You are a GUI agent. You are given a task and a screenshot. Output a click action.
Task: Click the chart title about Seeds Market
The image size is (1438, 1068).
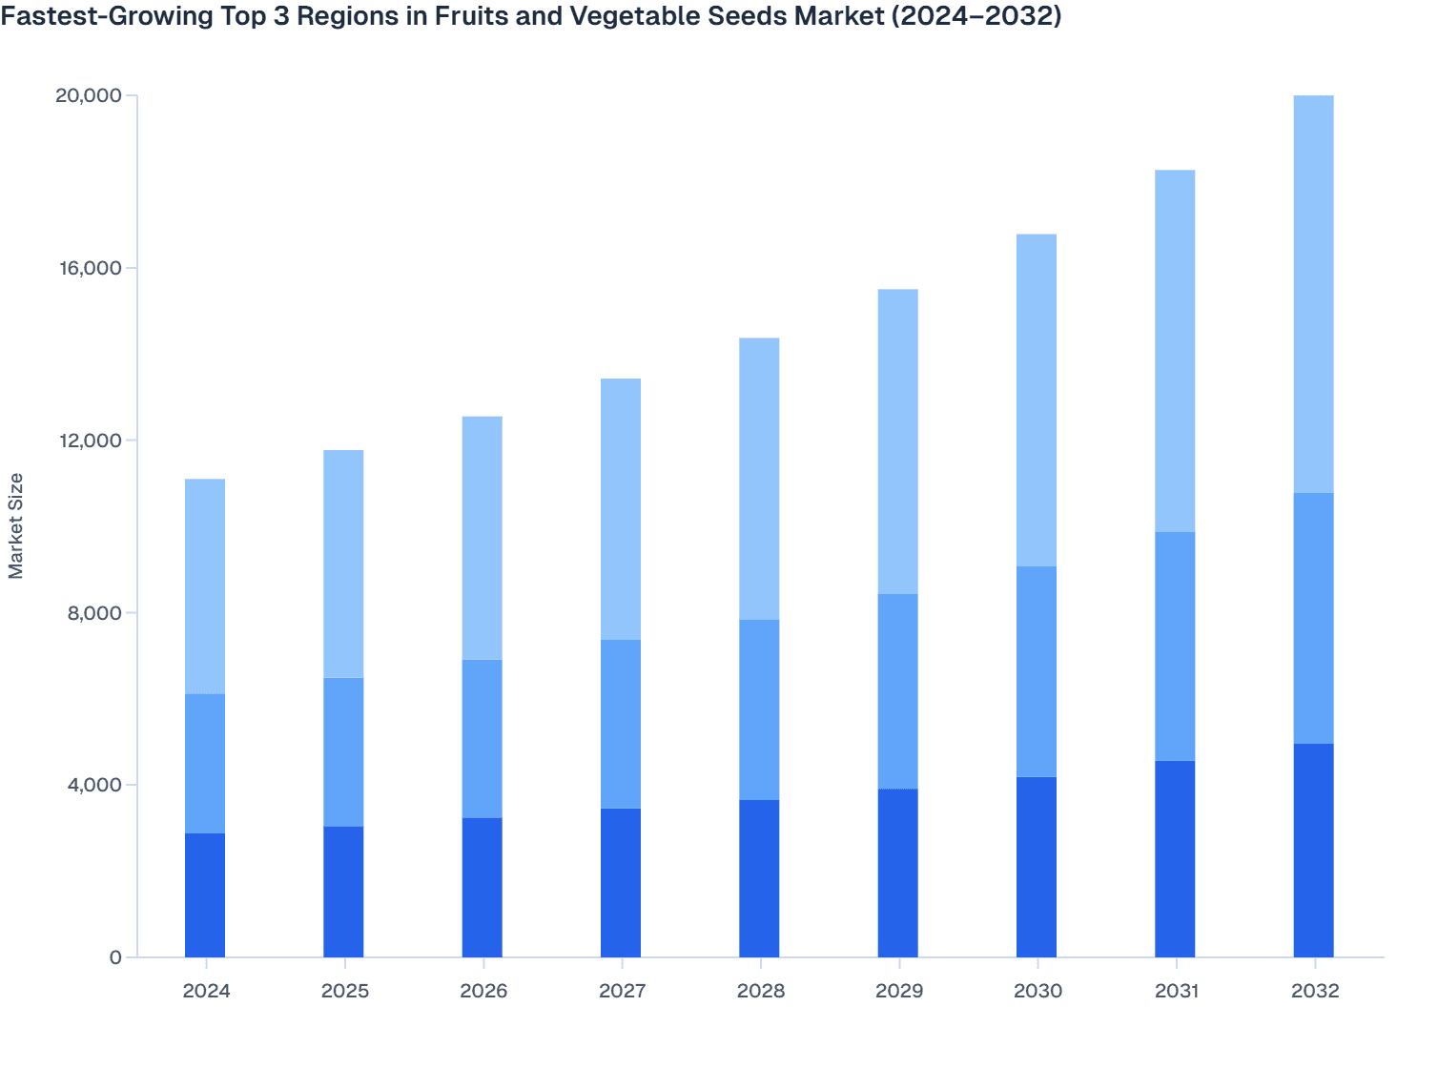(x=530, y=16)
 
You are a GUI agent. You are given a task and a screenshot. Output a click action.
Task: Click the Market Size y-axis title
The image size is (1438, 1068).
(x=16, y=525)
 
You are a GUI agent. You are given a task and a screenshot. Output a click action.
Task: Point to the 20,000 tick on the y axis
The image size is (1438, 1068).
(x=89, y=95)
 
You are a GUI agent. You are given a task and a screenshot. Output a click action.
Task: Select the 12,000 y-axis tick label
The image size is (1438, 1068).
(x=89, y=441)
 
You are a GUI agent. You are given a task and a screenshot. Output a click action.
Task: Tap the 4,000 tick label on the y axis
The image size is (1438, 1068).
(x=92, y=785)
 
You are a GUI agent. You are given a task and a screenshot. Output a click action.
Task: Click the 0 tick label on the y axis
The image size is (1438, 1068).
(x=115, y=957)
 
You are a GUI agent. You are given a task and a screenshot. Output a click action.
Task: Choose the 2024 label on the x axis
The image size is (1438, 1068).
(x=206, y=991)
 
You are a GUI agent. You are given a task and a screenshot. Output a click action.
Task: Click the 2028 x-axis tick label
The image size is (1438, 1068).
(x=760, y=991)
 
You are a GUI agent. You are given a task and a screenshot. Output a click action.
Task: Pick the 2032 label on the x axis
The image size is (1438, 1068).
(x=1314, y=991)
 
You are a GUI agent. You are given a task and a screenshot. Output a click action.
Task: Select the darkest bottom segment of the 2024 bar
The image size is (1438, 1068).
(x=205, y=895)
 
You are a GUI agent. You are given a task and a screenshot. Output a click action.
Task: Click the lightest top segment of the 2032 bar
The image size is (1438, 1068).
(x=1313, y=294)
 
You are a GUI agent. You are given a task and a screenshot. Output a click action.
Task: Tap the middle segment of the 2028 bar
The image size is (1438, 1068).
(x=759, y=709)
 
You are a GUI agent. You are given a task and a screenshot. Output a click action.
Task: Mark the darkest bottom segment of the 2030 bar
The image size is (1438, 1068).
(x=1037, y=867)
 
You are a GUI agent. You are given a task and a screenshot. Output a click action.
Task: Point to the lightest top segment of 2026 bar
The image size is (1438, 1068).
(x=483, y=538)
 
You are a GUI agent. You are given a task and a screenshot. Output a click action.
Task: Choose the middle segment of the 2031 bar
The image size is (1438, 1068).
(x=1175, y=646)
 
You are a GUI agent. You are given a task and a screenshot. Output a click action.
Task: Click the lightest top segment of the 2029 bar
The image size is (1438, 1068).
(x=897, y=442)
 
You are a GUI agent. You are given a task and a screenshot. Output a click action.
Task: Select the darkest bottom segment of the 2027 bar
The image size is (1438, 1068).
(x=621, y=883)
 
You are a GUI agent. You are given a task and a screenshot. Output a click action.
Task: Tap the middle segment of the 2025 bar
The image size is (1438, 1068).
(x=343, y=751)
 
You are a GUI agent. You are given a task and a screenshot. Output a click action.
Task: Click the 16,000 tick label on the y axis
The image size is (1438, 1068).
(x=89, y=268)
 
